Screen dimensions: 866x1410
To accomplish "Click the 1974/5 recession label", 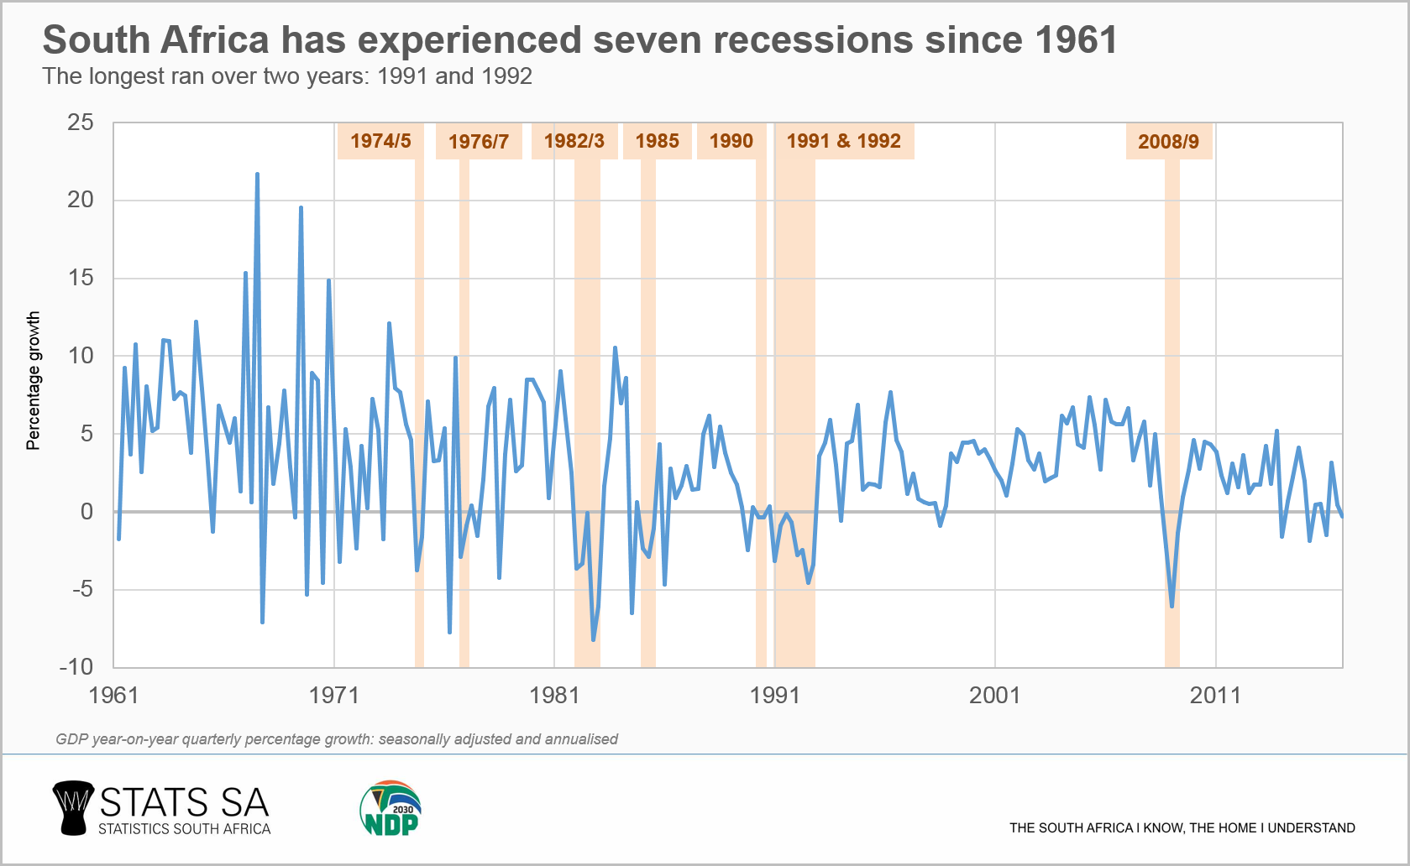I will (x=380, y=141).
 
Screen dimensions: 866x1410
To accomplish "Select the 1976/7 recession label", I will (x=479, y=141).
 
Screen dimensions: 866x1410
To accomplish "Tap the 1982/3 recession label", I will (x=574, y=141).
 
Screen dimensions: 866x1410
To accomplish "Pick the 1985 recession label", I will (x=657, y=141).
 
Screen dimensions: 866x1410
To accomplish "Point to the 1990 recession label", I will (x=731, y=141).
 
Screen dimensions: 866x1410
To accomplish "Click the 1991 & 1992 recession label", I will (x=843, y=141).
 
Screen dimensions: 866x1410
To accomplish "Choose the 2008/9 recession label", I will (x=1168, y=141).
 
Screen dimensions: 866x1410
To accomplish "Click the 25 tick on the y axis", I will (x=81, y=123).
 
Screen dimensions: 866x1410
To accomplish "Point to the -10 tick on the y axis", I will (x=76, y=667).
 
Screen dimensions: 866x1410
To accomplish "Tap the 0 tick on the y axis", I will (x=86, y=511).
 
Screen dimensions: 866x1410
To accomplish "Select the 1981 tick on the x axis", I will (x=554, y=695).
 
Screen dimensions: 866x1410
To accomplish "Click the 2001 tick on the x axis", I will (x=994, y=695).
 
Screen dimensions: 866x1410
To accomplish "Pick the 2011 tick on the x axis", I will (x=1215, y=695).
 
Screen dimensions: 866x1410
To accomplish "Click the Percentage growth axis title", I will (x=34, y=381).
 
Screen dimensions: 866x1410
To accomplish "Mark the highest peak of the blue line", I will (x=257, y=174).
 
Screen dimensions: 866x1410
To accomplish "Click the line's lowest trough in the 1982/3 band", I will (x=593, y=639).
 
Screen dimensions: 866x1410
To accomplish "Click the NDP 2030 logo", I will (x=391, y=809).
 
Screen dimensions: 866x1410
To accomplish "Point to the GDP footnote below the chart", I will (x=337, y=739).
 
